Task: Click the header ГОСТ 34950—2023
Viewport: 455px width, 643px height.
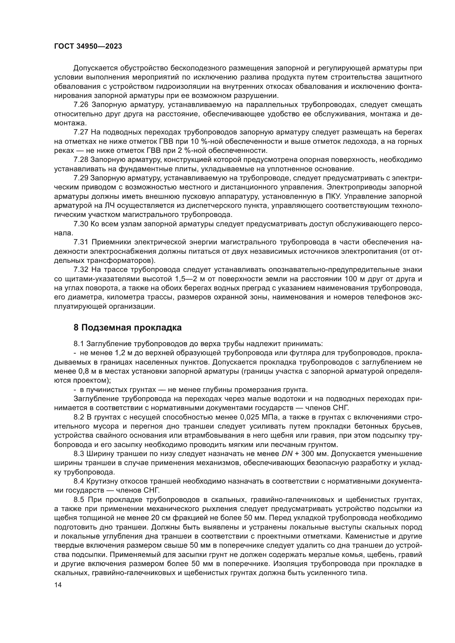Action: (x=88, y=46)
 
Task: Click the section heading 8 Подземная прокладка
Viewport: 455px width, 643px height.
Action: (x=127, y=327)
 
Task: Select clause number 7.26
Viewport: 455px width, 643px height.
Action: (x=81, y=105)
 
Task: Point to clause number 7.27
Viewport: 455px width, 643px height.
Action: (x=81, y=132)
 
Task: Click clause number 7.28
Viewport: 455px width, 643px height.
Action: (x=81, y=160)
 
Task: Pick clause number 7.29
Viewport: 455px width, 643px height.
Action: (x=81, y=178)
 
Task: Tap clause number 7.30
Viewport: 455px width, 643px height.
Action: (x=81, y=224)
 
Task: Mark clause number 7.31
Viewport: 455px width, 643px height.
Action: (x=81, y=242)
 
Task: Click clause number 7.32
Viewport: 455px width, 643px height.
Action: (x=81, y=269)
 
